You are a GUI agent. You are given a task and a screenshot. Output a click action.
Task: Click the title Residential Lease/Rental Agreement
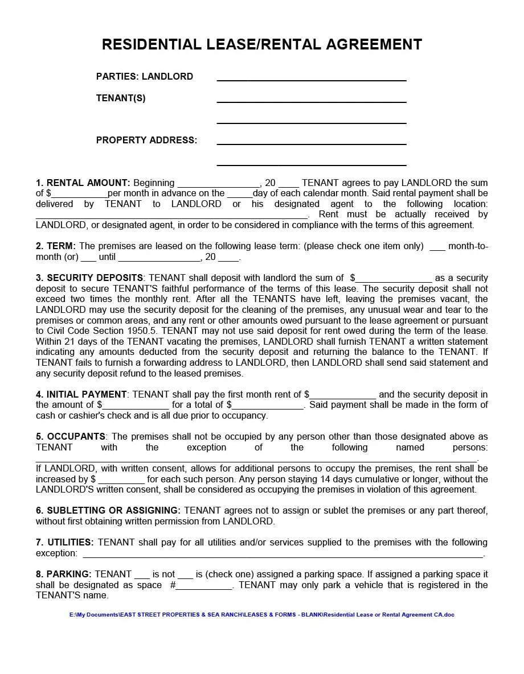pyautogui.click(x=262, y=44)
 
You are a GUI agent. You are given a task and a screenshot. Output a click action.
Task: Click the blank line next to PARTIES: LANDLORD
pyautogui.click(x=311, y=77)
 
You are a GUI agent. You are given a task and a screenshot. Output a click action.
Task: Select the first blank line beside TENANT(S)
pyautogui.click(x=311, y=98)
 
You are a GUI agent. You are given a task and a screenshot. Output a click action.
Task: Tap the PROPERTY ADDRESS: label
pyautogui.click(x=146, y=140)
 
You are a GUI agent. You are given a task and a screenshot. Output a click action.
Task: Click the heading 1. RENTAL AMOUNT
pyautogui.click(x=83, y=183)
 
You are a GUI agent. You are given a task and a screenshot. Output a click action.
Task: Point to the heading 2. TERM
pyautogui.click(x=55, y=246)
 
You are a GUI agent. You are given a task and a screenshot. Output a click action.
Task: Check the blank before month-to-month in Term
pyautogui.click(x=437, y=247)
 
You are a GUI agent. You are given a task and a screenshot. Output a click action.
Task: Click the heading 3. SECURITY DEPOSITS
pyautogui.click(x=89, y=278)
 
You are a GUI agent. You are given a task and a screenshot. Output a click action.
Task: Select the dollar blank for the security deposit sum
pyautogui.click(x=394, y=279)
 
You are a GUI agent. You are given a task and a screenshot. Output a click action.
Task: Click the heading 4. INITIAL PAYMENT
pyautogui.click(x=81, y=394)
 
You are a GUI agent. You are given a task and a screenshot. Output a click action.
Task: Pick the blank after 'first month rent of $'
pyautogui.click(x=343, y=395)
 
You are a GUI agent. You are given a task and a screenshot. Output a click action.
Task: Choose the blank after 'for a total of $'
pyautogui.click(x=268, y=406)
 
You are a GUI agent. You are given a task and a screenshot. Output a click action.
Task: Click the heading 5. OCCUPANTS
pyautogui.click(x=71, y=436)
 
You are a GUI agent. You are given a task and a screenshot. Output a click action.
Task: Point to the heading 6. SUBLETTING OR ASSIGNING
pyautogui.click(x=108, y=510)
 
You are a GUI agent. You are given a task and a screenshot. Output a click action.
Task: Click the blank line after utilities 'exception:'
pyautogui.click(x=283, y=554)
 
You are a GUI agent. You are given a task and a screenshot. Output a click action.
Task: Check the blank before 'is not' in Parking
pyautogui.click(x=142, y=575)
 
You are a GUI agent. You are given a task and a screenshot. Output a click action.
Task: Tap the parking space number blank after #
pyautogui.click(x=204, y=586)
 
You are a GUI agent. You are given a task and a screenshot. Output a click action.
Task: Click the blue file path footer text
pyautogui.click(x=262, y=615)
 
